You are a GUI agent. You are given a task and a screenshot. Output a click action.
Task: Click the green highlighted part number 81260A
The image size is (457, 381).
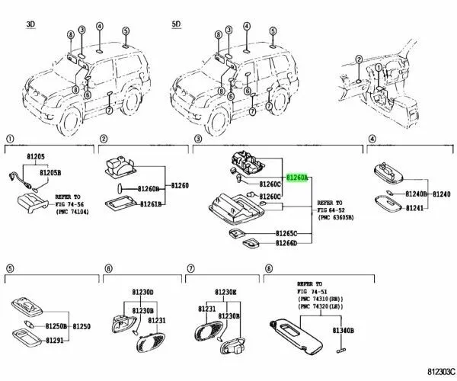296,178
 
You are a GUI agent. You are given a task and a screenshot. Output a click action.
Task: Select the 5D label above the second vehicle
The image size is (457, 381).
176,25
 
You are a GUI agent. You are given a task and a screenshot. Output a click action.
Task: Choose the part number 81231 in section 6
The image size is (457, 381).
156,321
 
